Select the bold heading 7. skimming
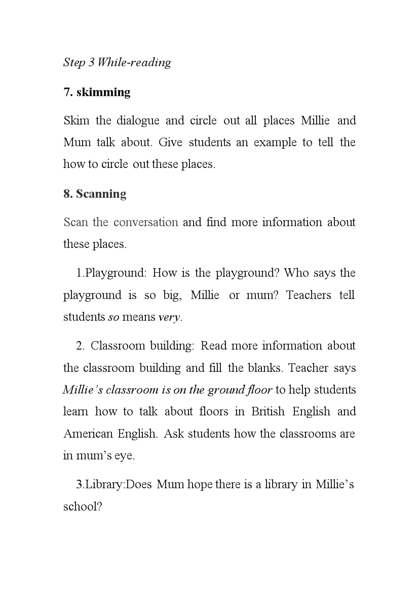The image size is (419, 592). click(x=97, y=92)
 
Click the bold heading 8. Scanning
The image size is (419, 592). click(x=95, y=194)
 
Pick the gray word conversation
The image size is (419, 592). click(x=146, y=222)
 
